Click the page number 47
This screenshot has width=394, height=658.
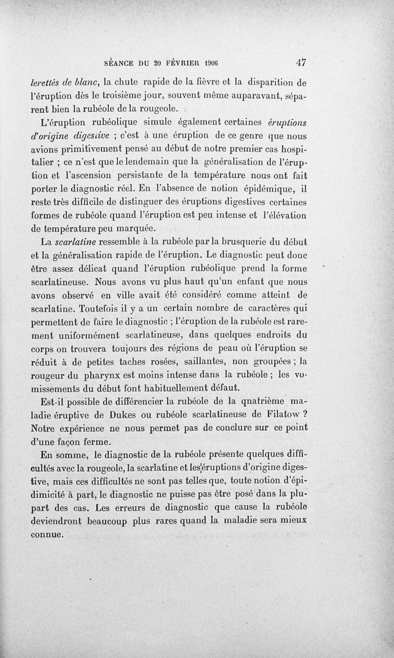coord(301,63)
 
